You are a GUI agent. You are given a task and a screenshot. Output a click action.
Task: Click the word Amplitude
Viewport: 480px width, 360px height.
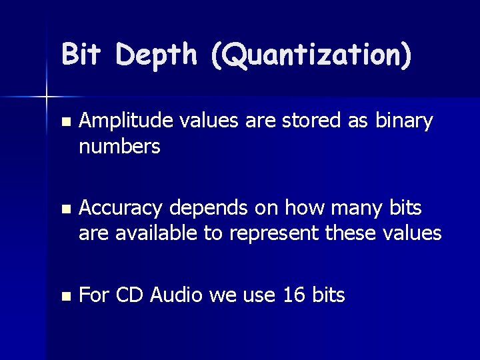pyautogui.click(x=125, y=122)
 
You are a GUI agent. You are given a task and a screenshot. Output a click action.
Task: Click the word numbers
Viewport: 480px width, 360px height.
pyautogui.click(x=119, y=146)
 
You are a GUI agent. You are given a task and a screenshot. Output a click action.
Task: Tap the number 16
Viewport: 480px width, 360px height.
pyautogui.click(x=294, y=295)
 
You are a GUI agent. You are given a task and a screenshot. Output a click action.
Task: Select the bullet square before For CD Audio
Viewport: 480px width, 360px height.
pyautogui.click(x=64, y=295)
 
